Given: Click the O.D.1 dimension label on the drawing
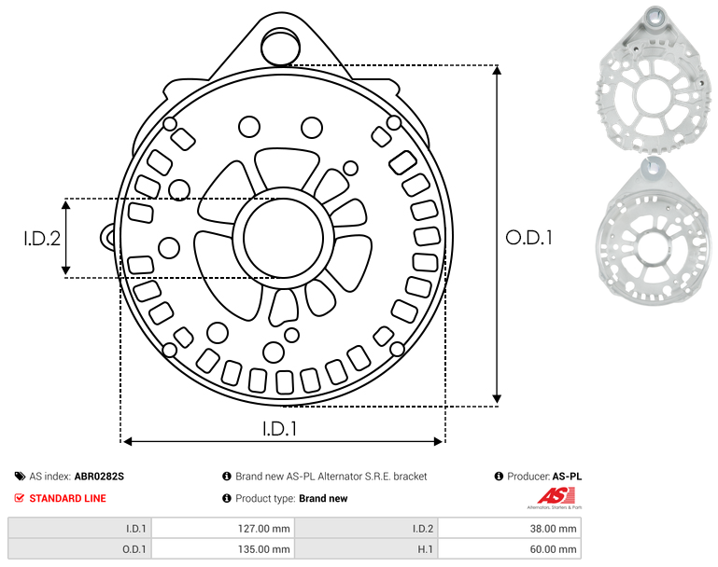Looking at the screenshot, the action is tap(528, 238).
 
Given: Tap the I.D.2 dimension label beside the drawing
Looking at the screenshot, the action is tap(42, 238).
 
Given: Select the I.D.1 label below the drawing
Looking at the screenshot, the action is tap(279, 429).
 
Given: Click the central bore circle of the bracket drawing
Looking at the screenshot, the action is tap(284, 238).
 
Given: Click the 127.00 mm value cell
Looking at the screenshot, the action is tap(223, 529).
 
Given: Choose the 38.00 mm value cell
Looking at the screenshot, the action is tap(510, 529).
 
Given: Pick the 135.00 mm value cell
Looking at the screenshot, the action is tap(223, 548).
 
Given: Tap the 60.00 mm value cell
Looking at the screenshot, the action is tap(510, 548).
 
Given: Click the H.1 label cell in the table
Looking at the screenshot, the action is tap(366, 548).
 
